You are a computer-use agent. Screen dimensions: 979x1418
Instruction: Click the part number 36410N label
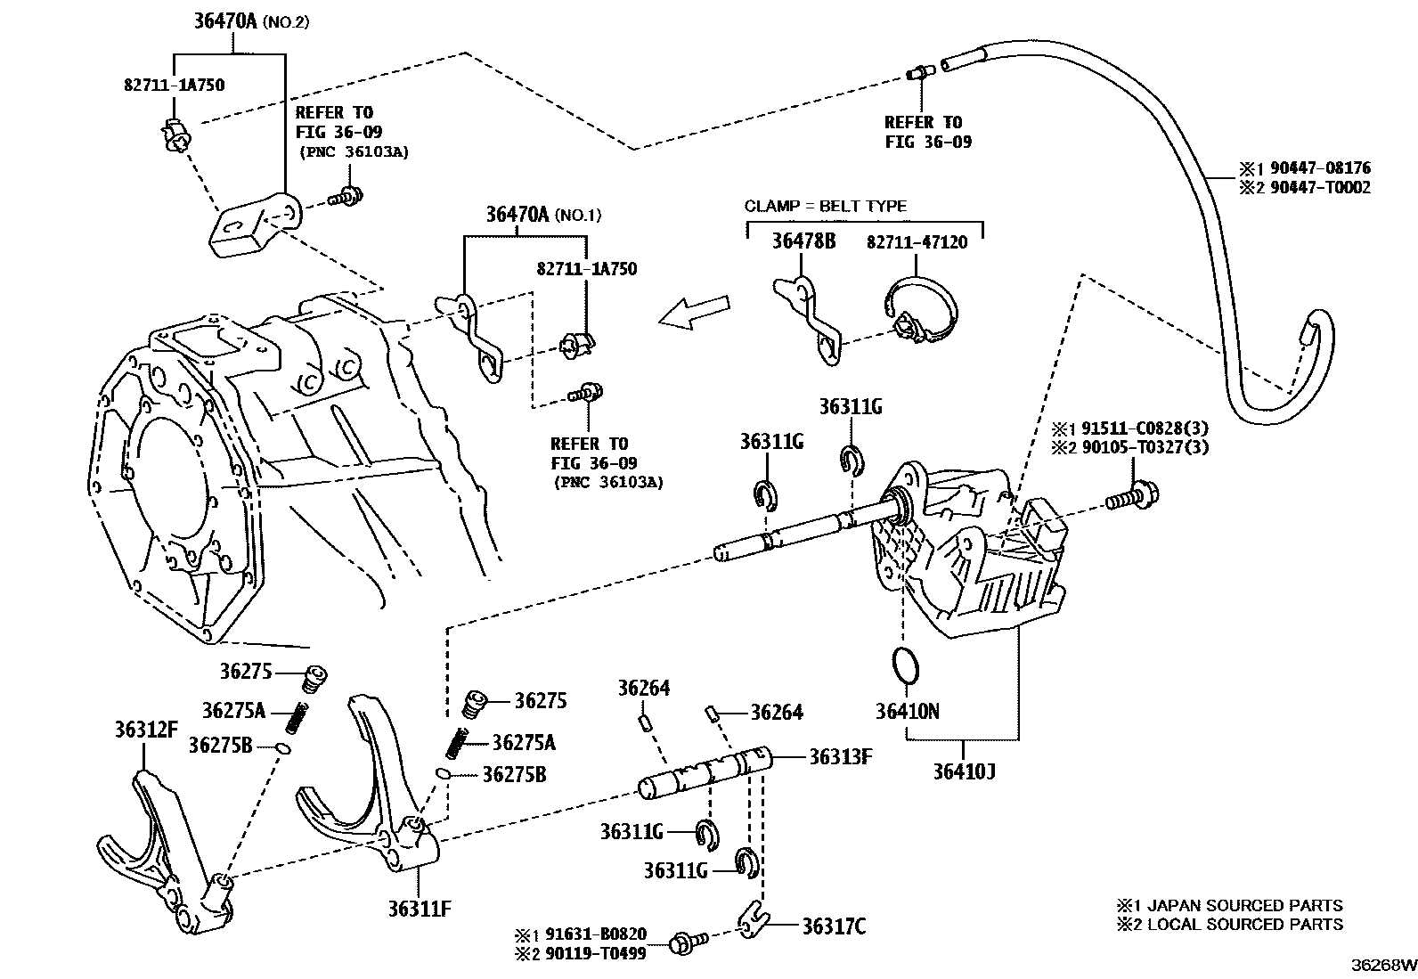point(907,711)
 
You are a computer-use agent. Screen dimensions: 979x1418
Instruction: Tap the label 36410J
point(964,770)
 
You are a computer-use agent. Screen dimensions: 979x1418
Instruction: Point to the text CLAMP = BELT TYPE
point(825,206)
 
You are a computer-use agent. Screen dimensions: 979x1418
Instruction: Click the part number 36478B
point(803,241)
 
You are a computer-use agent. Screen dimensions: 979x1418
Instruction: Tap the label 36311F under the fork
point(419,909)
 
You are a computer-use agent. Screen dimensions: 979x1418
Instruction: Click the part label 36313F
point(839,757)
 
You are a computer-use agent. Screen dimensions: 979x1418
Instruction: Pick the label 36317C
point(833,926)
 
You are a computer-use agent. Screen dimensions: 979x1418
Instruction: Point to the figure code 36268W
point(1382,965)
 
